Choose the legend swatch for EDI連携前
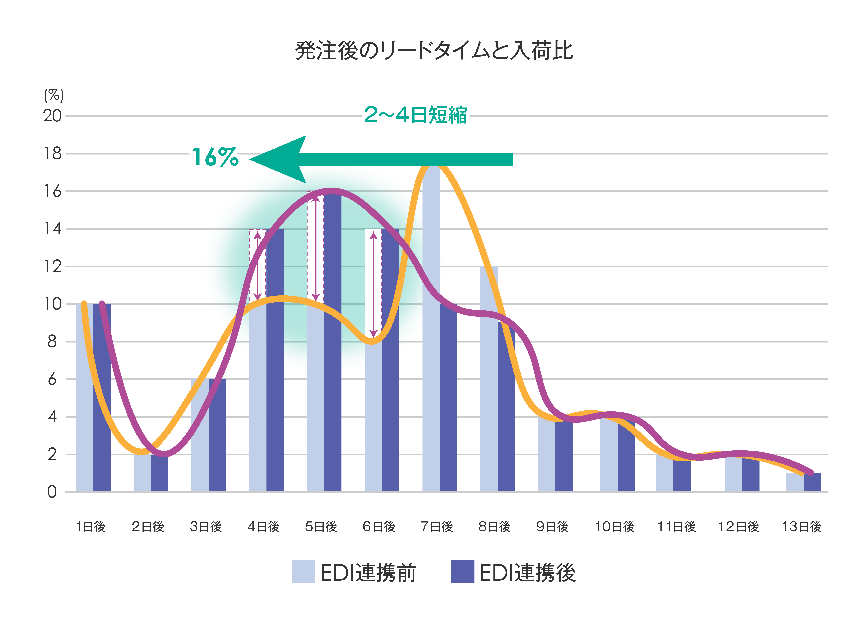pyautogui.click(x=304, y=572)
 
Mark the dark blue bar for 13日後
pyautogui.click(x=812, y=483)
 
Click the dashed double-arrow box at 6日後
pyautogui.click(x=373, y=283)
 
